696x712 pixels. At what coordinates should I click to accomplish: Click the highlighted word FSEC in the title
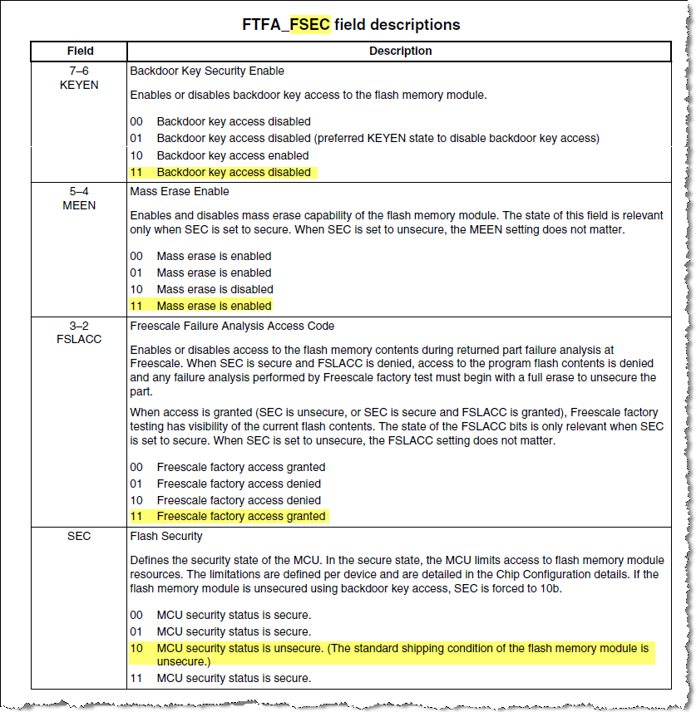(x=309, y=24)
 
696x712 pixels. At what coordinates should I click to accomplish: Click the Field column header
(x=80, y=52)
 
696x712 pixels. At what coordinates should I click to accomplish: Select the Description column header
(x=400, y=52)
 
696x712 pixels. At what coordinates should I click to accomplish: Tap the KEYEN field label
(x=80, y=85)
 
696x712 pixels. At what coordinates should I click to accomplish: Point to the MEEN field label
(x=80, y=204)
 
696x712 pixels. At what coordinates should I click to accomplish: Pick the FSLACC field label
(x=80, y=339)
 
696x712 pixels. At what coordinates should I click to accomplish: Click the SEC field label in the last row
(x=80, y=537)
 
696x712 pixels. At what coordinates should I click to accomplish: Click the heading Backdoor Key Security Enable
(x=207, y=71)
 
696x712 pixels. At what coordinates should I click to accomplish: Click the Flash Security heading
(x=166, y=537)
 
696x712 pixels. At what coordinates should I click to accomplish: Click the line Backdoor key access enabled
(x=221, y=155)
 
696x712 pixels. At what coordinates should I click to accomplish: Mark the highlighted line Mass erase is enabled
(x=201, y=306)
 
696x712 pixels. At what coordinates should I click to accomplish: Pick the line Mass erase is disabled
(x=203, y=289)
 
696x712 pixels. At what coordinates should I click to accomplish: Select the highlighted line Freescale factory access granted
(x=229, y=516)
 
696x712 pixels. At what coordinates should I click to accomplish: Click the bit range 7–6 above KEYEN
(x=80, y=71)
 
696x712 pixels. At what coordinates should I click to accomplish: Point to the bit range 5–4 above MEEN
(x=80, y=191)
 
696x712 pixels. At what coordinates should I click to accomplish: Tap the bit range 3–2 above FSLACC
(x=80, y=326)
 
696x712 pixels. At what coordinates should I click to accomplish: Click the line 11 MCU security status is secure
(x=221, y=678)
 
